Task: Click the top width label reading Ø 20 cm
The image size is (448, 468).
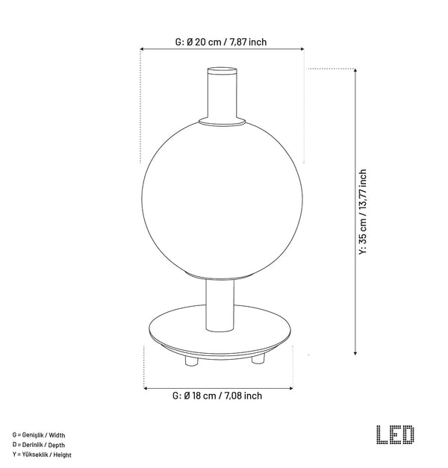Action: pyautogui.click(x=221, y=42)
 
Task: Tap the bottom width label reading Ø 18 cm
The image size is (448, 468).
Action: pyautogui.click(x=217, y=396)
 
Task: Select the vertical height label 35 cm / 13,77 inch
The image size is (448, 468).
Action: pyautogui.click(x=363, y=212)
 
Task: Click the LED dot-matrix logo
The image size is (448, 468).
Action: pyautogui.click(x=395, y=434)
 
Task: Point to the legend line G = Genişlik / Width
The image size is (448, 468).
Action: pyautogui.click(x=39, y=435)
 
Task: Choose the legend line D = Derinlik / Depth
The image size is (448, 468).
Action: pyautogui.click(x=39, y=445)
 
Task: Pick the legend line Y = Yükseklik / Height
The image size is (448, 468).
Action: pyautogui.click(x=42, y=455)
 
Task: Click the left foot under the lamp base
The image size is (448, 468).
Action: pyautogui.click(x=191, y=361)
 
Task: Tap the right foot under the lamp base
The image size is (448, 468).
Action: pyautogui.click(x=258, y=359)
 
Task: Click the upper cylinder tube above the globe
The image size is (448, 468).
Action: pyautogui.click(x=223, y=93)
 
